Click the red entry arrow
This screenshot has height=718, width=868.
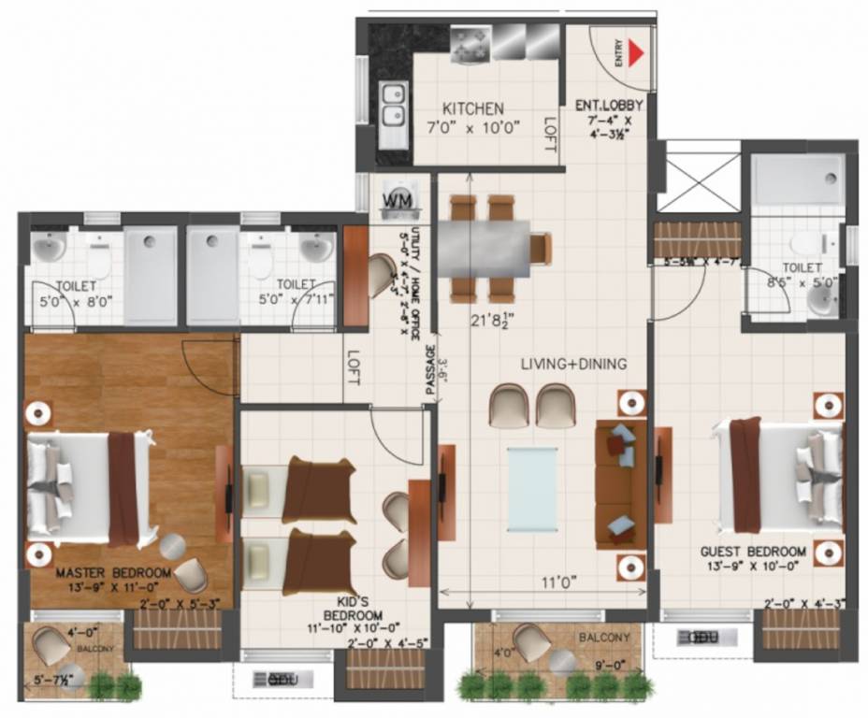coord(638,53)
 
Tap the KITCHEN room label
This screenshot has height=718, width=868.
coord(473,108)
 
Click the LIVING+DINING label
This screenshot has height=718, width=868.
coord(573,364)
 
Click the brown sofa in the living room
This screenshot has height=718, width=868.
coord(620,484)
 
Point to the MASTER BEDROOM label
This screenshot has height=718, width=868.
coord(113,572)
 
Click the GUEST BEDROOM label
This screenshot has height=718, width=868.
coord(753,552)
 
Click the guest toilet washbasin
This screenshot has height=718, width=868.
coord(820,299)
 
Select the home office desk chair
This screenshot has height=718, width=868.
coord(380,275)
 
